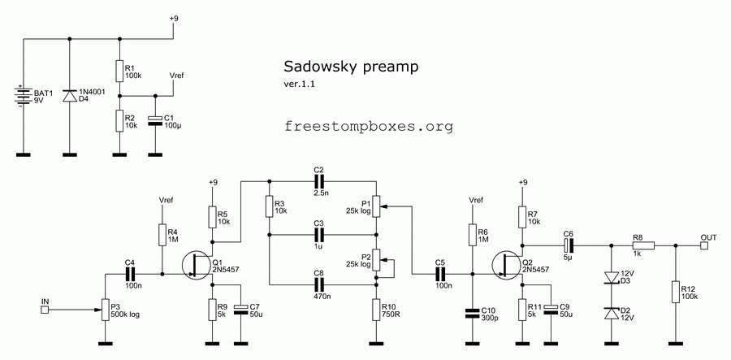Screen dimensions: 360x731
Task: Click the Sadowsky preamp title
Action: click(x=351, y=67)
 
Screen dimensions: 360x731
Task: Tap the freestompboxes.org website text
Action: click(x=369, y=127)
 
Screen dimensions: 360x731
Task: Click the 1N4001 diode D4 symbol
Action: click(x=70, y=97)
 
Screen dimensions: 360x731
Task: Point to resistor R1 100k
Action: click(x=119, y=71)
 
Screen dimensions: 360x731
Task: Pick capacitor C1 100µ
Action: click(x=154, y=121)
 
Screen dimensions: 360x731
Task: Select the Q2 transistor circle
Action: click(x=507, y=266)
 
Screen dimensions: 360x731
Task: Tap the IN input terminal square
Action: click(x=45, y=309)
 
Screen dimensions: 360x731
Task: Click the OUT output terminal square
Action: click(x=705, y=245)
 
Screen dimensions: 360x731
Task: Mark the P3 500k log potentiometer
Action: click(x=104, y=308)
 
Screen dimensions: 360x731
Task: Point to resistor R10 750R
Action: click(x=376, y=309)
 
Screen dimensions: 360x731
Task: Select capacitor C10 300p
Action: click(x=470, y=312)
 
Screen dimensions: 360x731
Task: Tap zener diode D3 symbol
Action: click(x=610, y=279)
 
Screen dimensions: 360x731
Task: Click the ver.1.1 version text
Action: click(x=299, y=84)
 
